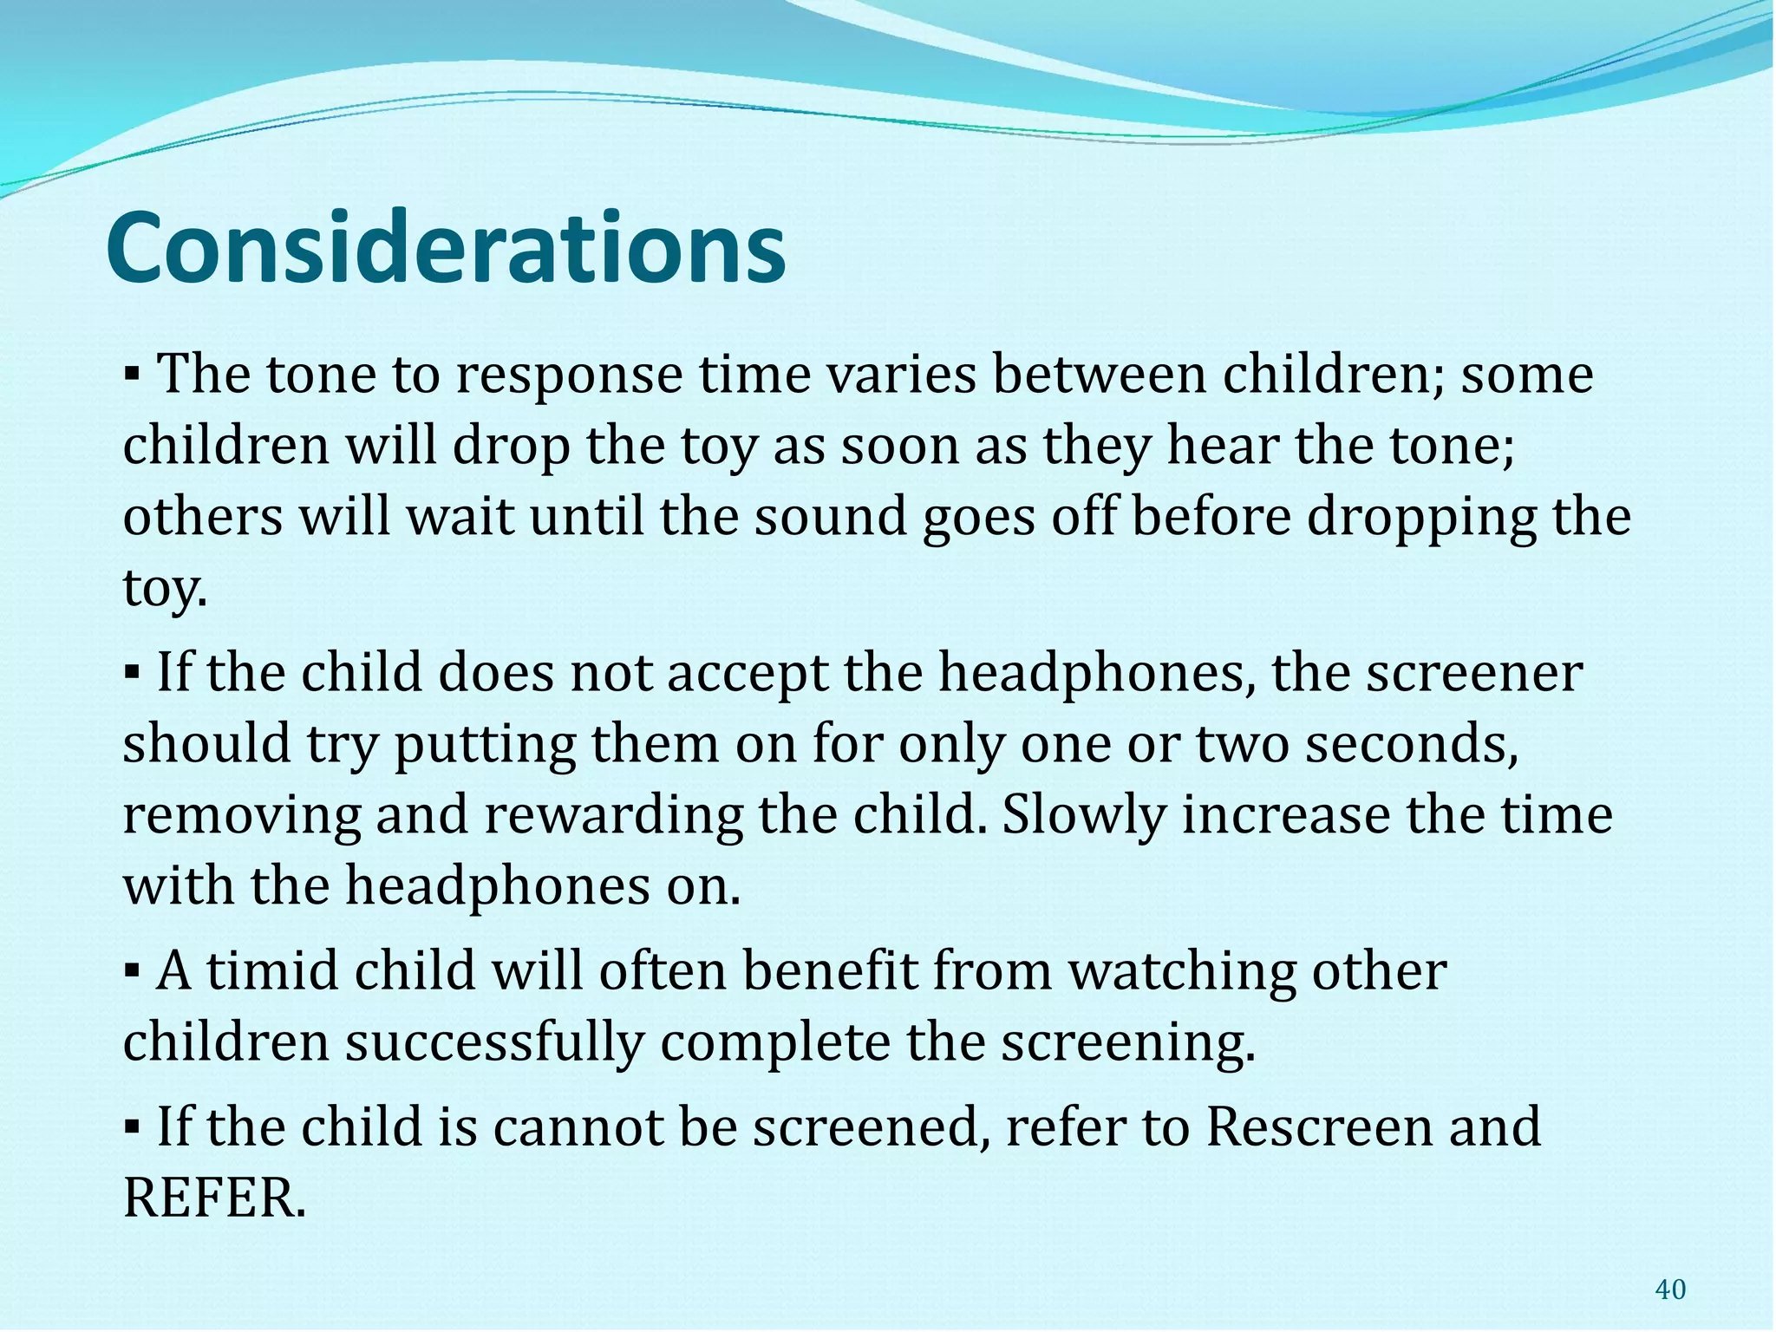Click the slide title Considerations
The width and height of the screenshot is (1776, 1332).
pyautogui.click(x=446, y=250)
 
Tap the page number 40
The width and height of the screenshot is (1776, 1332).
pyautogui.click(x=1669, y=1290)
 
